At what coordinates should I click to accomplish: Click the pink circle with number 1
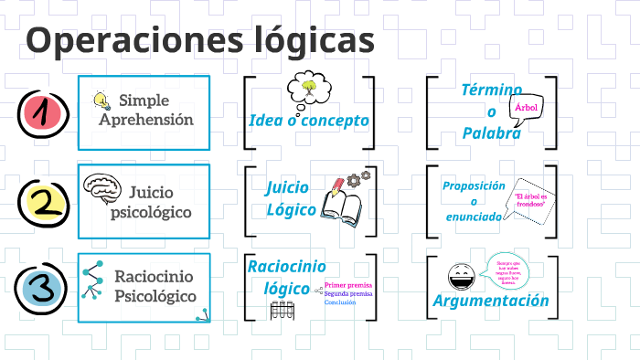(40, 113)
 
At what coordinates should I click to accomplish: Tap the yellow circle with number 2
(40, 202)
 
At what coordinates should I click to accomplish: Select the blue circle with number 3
(40, 289)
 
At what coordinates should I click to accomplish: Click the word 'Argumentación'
(491, 301)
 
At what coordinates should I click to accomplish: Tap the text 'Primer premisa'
(347, 285)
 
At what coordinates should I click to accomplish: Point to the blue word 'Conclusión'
(340, 302)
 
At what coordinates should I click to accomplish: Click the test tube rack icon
(281, 310)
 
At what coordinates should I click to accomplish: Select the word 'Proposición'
(474, 185)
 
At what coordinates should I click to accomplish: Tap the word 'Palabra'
(491, 133)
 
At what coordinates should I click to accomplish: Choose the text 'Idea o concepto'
(308, 121)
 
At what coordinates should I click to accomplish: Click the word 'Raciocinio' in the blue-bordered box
(150, 276)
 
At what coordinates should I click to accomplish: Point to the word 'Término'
(491, 90)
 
